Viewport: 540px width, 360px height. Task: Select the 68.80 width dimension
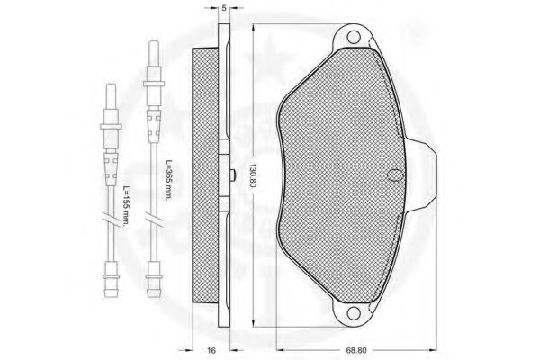coord(356,350)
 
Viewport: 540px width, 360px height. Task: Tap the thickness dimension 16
coord(211,350)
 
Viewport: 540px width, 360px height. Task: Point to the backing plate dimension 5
coord(224,8)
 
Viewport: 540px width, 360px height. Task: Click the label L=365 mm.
coord(168,180)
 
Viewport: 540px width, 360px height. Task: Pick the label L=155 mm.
coord(126,206)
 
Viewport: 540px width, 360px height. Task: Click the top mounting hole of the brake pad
coord(353,37)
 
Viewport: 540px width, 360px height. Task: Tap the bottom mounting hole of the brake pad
coord(353,313)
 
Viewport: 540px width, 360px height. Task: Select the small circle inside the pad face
coord(395,175)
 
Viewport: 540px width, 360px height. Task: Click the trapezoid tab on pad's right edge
coord(423,175)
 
